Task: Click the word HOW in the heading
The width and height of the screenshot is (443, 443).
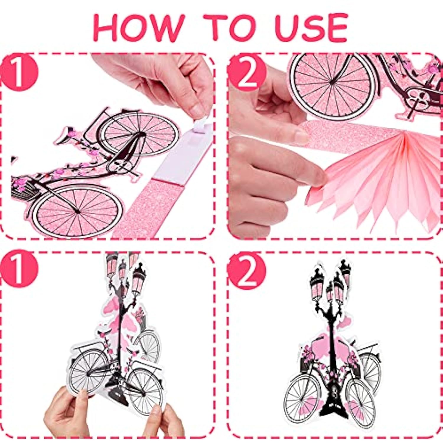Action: coord(139,27)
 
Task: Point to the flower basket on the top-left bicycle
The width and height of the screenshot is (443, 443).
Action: coord(25,189)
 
